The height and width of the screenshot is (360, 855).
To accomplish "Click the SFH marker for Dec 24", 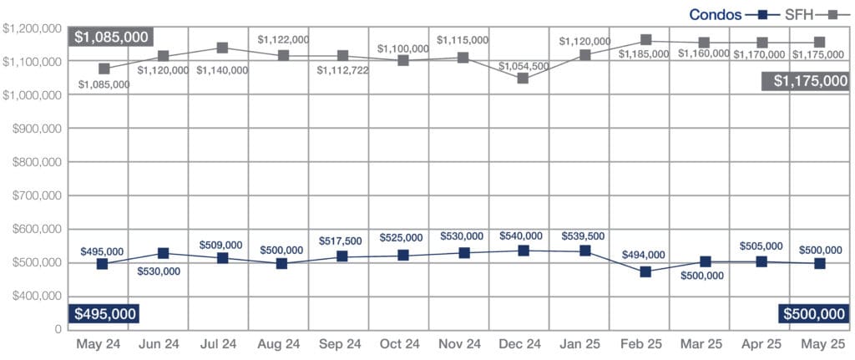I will click(523, 79).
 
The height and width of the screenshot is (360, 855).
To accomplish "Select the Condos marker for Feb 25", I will click(645, 271).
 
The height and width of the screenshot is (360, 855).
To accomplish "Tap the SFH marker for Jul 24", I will click(223, 48).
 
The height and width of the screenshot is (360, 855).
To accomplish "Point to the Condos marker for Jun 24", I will click(163, 253).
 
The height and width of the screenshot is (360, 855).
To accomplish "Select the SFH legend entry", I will click(797, 14).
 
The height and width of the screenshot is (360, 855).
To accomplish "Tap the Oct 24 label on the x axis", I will click(400, 344).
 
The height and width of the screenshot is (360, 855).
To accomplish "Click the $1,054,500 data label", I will click(523, 66).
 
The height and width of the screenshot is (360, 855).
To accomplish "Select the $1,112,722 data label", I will click(343, 70).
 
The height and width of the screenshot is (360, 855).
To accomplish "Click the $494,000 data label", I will click(643, 255).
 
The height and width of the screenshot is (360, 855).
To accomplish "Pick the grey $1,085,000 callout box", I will click(111, 37).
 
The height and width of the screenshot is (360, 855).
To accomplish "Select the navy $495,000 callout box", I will click(104, 314).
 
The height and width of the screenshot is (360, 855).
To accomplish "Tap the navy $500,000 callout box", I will click(813, 314).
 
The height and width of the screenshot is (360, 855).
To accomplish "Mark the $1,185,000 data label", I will click(644, 54).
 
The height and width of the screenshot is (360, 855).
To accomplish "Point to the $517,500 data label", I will click(340, 241).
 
